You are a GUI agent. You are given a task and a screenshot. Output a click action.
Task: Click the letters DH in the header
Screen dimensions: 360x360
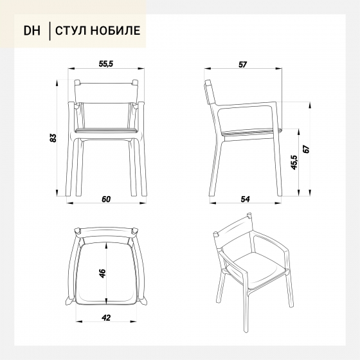tap(32, 31)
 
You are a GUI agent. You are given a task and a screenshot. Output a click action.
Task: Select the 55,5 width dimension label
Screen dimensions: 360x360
tap(106, 64)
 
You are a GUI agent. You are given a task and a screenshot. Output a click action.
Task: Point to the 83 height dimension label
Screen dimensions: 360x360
tap(53, 138)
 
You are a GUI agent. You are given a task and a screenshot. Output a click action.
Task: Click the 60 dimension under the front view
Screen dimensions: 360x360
tap(106, 199)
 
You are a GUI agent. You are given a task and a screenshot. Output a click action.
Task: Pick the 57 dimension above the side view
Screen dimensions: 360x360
tap(242, 64)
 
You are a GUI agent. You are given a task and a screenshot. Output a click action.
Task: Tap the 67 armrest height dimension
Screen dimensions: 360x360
tap(307, 149)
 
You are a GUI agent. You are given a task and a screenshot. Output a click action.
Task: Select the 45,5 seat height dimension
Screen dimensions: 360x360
tap(294, 163)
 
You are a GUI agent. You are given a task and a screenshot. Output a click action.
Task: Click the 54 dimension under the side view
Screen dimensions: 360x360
tap(245, 199)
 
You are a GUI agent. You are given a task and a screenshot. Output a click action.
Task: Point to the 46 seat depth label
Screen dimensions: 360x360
tap(102, 273)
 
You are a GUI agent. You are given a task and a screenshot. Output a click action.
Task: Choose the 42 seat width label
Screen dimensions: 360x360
tap(106, 318)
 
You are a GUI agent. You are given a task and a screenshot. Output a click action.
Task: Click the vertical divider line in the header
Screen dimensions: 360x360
tap(50, 31)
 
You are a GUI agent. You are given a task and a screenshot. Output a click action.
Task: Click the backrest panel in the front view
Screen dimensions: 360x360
tap(106, 93)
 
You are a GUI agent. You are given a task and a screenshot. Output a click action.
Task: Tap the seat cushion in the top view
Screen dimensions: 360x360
tap(106, 273)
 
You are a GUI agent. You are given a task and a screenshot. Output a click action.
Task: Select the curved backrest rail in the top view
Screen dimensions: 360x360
tap(106, 233)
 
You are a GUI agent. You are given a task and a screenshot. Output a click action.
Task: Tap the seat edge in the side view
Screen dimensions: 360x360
tap(251, 132)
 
